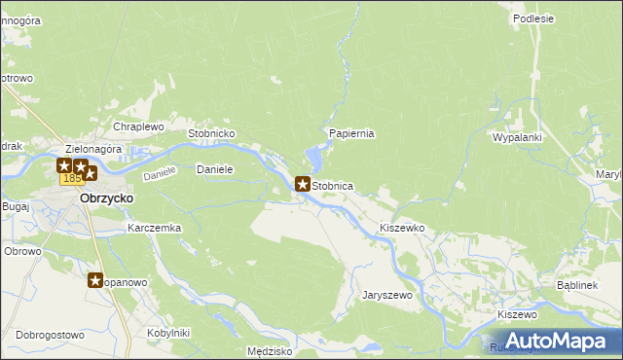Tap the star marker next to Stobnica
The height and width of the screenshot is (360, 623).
click(303, 184)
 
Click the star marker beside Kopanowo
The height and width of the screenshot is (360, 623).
click(95, 281)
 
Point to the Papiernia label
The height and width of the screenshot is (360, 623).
click(352, 133)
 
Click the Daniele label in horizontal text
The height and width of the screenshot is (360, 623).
click(215, 169)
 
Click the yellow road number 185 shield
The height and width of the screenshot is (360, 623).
click(71, 179)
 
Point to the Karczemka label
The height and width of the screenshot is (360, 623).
click(155, 228)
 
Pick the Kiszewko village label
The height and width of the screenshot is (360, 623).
click(403, 227)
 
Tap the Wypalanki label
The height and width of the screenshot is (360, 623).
click(517, 138)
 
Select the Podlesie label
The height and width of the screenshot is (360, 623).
click(532, 18)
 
